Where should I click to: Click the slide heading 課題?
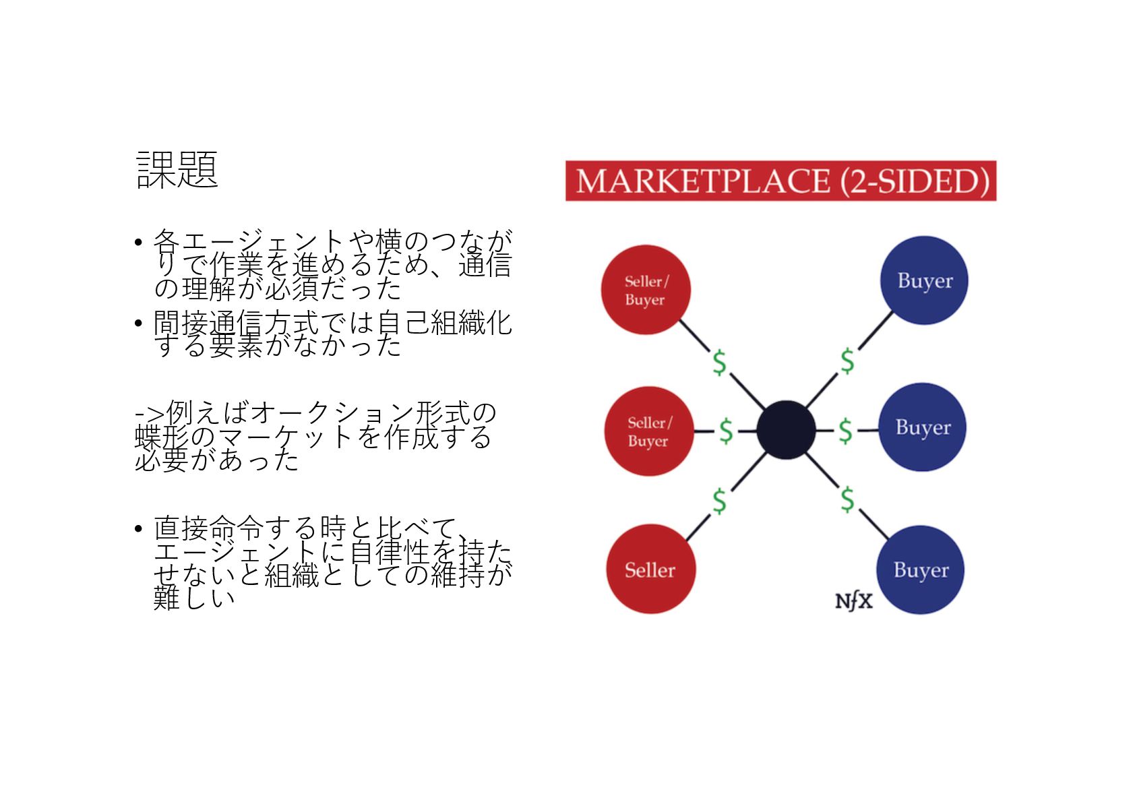[177, 169]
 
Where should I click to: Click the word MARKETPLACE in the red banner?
[703, 181]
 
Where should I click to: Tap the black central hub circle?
[786, 430]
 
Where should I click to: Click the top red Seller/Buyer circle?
[646, 290]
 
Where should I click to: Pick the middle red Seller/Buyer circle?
[649, 431]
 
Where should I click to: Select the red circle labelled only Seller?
[650, 569]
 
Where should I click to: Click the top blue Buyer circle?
[924, 280]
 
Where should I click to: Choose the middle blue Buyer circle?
[923, 427]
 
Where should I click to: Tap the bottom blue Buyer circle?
[921, 569]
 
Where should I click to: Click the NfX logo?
[853, 601]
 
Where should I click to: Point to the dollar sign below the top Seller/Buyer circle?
[720, 363]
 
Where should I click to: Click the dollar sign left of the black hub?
[726, 431]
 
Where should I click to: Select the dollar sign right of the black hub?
[846, 431]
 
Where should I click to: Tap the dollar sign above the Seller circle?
[720, 501]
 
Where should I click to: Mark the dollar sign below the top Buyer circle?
[847, 361]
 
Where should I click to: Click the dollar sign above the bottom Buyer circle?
[847, 499]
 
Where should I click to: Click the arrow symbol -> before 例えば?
[149, 412]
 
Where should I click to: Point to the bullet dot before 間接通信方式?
[138, 323]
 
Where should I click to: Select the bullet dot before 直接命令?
[138, 528]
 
